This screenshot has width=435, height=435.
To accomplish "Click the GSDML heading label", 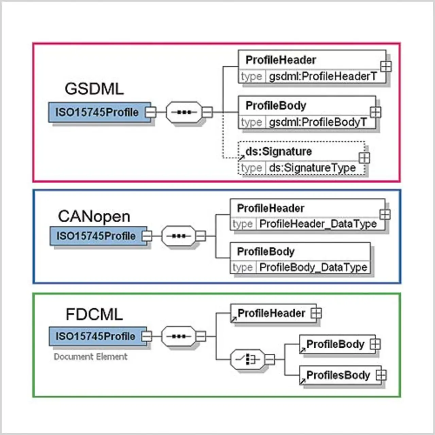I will [94, 89].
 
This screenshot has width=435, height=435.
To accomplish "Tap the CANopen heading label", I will [94, 216].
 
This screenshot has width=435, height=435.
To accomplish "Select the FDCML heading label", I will [94, 314].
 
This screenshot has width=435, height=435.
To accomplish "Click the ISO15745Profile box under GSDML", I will [97, 112].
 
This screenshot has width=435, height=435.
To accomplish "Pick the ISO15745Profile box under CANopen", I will [96, 236].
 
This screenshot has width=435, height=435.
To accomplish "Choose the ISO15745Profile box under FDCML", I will [95, 336].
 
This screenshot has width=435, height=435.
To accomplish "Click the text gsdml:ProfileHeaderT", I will [323, 76].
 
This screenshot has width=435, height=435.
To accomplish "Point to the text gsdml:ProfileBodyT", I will [318, 122].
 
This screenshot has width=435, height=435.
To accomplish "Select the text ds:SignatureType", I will [312, 168].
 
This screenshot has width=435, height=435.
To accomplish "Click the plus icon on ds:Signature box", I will [364, 158].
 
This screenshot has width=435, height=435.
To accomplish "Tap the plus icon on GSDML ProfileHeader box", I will [386, 66].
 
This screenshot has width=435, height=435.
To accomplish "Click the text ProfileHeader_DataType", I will [318, 224].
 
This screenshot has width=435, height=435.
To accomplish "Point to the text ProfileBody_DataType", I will [313, 267].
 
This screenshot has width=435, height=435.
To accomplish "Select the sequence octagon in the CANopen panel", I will [179, 236].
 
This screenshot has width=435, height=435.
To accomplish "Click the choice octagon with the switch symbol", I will [247, 359].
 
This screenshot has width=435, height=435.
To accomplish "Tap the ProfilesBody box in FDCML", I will [338, 375].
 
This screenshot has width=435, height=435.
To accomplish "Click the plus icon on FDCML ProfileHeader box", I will [316, 313].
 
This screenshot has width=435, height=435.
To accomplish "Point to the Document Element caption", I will [90, 356].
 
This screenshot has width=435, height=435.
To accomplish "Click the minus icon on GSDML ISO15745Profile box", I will [151, 112].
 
